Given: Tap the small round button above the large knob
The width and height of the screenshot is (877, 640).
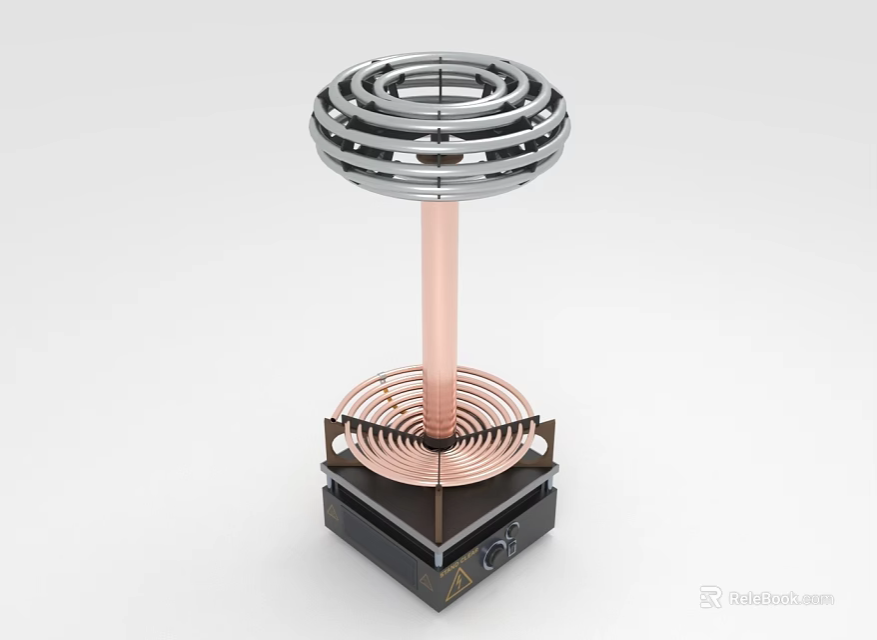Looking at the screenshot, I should [511, 530].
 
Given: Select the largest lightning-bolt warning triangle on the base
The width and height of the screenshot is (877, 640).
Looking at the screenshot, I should [458, 580].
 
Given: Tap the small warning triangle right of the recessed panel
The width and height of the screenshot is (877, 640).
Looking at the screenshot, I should [427, 582].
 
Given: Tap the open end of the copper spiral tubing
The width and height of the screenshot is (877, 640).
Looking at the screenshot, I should [382, 377].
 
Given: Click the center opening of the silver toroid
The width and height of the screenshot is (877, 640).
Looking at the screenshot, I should [439, 90].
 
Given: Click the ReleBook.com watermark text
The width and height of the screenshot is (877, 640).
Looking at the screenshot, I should [780, 598].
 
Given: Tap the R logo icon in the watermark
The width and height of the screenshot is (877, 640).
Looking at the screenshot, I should [710, 598].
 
